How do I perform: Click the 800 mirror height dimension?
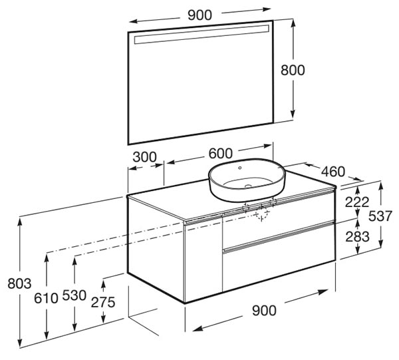click(x=293, y=70)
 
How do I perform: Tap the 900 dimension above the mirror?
click(x=199, y=15)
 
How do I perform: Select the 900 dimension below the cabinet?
click(x=264, y=311)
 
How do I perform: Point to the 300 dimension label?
click(x=144, y=157)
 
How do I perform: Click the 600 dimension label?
click(x=221, y=153)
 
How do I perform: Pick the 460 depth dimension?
click(x=333, y=172)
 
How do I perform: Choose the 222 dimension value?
click(x=357, y=202)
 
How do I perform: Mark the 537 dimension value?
click(x=380, y=216)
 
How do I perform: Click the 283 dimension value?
click(x=358, y=237)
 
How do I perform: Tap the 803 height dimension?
click(x=19, y=283)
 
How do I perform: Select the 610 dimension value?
click(x=46, y=298)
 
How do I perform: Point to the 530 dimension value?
click(x=74, y=295)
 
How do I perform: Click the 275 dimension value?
click(x=103, y=303)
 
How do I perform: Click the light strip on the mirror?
click(x=201, y=35)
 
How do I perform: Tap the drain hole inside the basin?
click(x=248, y=186)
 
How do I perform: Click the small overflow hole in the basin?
click(x=239, y=168)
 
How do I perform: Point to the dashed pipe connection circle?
click(x=262, y=214)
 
